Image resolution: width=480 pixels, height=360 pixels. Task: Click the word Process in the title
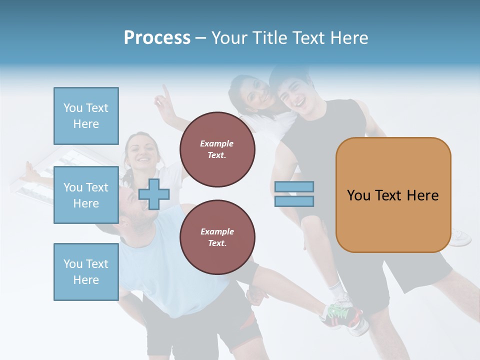tap(157, 38)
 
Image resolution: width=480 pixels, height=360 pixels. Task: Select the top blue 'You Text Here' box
tap(86, 116)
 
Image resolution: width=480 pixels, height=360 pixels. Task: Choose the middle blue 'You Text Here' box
tap(86, 195)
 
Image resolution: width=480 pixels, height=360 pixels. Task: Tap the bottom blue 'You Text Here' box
tap(86, 271)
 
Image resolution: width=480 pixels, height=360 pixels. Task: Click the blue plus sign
tap(154, 194)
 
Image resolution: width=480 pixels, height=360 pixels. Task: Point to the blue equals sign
tap(294, 194)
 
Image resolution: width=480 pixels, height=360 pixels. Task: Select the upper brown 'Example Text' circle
tap(217, 149)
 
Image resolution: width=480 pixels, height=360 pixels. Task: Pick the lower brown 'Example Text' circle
tap(217, 237)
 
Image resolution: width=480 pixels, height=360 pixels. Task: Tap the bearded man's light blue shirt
tap(150, 260)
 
